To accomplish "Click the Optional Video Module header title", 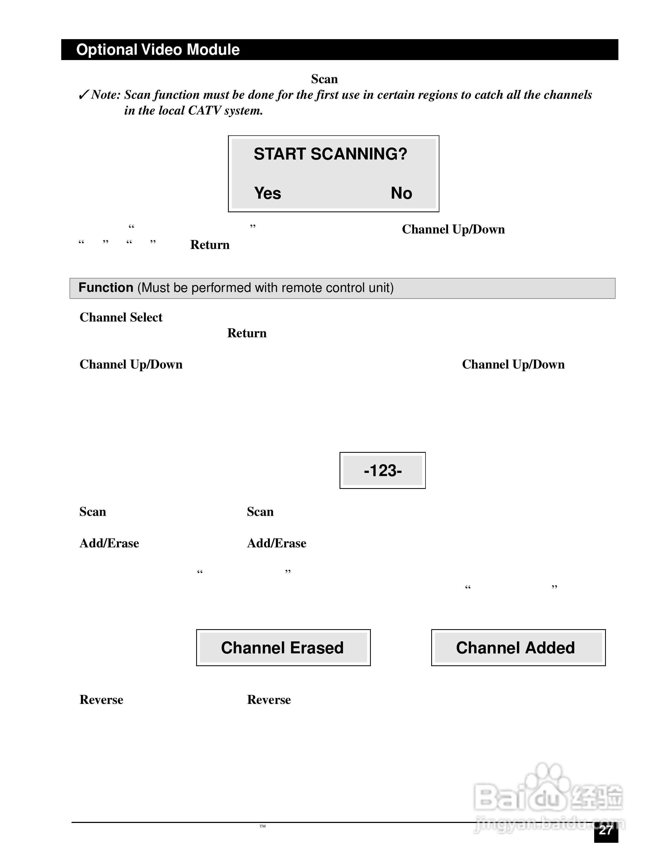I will pyautogui.click(x=158, y=50).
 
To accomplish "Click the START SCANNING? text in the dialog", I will pyautogui.click(x=330, y=154).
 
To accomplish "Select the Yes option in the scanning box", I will pyautogui.click(x=267, y=193).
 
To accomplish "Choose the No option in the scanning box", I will pyautogui.click(x=401, y=193).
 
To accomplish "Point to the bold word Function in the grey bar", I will pyautogui.click(x=106, y=288).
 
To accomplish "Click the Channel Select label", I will pyautogui.click(x=121, y=317).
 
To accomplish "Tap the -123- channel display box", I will pyautogui.click(x=382, y=470).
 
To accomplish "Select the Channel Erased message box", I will pyautogui.click(x=283, y=648).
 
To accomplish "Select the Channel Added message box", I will pyautogui.click(x=518, y=648).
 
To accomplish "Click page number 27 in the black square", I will pyautogui.click(x=606, y=831).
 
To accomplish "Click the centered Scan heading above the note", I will pyautogui.click(x=324, y=79).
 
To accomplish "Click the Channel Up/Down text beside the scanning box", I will pyautogui.click(x=453, y=229).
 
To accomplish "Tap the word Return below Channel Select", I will pyautogui.click(x=246, y=333).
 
